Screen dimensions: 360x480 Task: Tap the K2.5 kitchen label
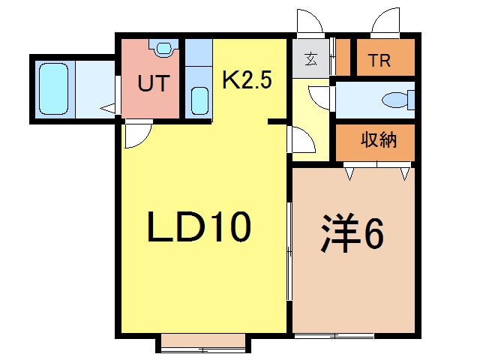pos(247,79)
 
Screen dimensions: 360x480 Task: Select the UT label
pos(153,82)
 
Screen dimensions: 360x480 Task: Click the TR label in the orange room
pos(379,61)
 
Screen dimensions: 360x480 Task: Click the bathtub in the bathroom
pos(53,89)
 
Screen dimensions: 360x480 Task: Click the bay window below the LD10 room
pos(203,343)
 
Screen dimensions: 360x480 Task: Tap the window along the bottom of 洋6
pos(352,334)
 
